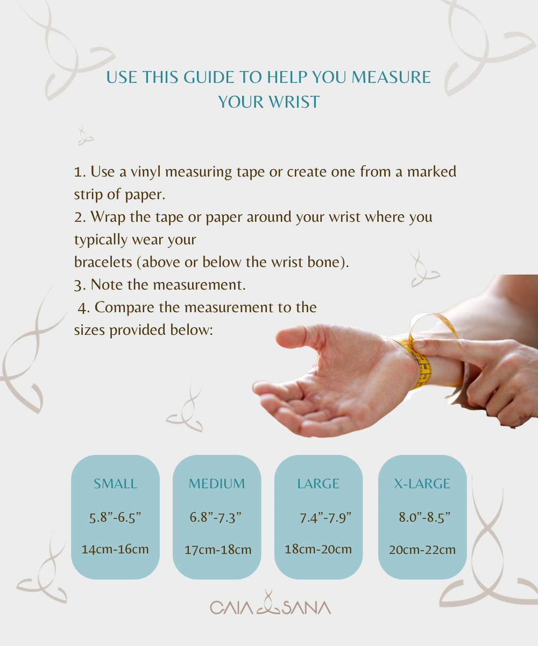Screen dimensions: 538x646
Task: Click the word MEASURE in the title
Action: pos(391,77)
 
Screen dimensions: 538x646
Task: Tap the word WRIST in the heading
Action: pos(294,102)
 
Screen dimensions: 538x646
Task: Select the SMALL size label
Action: pos(115,483)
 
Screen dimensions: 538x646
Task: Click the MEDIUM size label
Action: pos(217,483)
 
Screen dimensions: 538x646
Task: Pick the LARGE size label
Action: pos(318,483)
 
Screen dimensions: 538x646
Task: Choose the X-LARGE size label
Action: pos(422,483)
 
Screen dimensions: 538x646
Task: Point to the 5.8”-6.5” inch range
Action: pos(115,517)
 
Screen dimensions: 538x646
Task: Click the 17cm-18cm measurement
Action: pos(218,550)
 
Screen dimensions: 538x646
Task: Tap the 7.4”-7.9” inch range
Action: pos(325,517)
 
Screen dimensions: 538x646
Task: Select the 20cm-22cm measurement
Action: pos(422,550)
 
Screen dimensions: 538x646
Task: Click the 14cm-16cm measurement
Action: pos(115,549)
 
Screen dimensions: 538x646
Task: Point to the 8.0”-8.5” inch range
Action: pos(424,517)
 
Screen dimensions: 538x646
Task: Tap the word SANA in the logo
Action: pos(307,608)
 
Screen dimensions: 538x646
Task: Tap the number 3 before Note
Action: pos(78,285)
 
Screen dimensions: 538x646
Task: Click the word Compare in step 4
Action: pos(124,308)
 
